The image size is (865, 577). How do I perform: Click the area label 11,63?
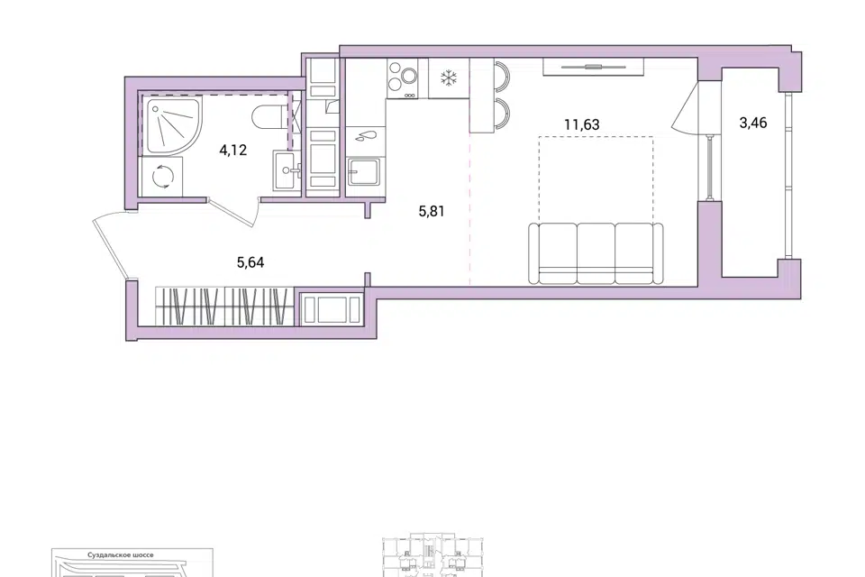point(581,124)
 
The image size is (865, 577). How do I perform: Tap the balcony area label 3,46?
point(753,123)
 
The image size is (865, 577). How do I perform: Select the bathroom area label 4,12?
point(232,150)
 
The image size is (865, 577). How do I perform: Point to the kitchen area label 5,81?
point(432,211)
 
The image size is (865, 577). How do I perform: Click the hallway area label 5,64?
point(250,262)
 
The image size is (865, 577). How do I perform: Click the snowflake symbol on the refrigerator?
point(449,78)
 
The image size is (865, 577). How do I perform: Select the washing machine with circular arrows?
point(162,176)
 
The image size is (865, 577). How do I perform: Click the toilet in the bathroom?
point(269,116)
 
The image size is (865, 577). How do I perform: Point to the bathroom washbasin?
point(287,170)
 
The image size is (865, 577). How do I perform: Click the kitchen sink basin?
point(364,171)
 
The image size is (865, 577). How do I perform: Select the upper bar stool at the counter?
point(501,77)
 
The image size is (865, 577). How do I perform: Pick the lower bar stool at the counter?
point(501,114)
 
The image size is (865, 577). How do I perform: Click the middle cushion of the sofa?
point(596,253)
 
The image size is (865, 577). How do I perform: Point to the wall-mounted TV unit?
point(593,67)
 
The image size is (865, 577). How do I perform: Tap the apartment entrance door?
point(109,246)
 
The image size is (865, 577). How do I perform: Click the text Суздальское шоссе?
point(120,555)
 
